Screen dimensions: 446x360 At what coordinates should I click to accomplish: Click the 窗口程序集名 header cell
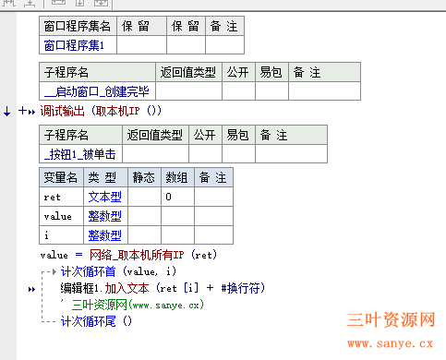click(x=77, y=27)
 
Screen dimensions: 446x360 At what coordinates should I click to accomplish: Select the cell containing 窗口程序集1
click(x=74, y=44)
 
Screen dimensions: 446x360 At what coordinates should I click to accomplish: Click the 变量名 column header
click(x=62, y=176)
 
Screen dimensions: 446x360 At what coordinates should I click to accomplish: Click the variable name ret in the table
click(x=52, y=197)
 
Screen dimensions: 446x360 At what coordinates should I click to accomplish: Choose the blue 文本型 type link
click(x=104, y=197)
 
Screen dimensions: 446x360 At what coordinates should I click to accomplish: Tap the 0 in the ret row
click(x=169, y=197)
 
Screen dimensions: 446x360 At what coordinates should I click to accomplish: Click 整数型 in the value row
click(x=104, y=216)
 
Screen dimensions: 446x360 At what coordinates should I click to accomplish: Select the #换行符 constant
click(x=247, y=288)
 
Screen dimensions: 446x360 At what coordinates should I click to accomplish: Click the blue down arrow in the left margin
click(x=6, y=112)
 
